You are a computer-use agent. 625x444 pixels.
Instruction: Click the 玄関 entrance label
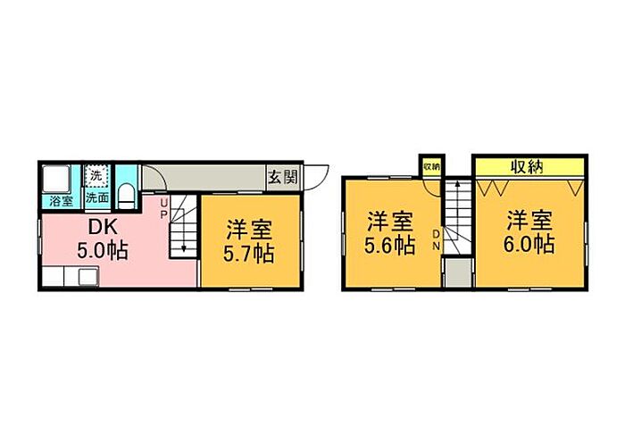(283, 177)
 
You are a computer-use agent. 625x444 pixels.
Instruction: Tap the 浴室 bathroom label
(61, 202)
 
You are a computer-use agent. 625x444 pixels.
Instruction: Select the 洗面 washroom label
(97, 197)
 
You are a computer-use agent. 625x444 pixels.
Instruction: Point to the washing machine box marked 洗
(96, 175)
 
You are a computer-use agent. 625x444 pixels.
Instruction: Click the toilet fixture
(126, 196)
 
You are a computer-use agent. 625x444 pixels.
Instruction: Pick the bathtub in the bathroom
(56, 179)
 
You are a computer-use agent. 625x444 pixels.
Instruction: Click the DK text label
(103, 227)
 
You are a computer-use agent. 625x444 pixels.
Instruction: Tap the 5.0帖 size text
(103, 251)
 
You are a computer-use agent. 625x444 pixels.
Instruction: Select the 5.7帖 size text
(249, 254)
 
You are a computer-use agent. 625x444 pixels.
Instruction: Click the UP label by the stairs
(163, 209)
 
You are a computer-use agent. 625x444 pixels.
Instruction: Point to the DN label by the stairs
(436, 239)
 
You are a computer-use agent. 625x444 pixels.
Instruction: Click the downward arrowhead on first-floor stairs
(184, 249)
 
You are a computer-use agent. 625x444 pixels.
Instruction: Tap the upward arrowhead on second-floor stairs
(457, 184)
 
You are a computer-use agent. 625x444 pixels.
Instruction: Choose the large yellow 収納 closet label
(528, 167)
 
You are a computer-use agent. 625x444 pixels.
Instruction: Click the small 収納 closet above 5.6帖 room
(431, 166)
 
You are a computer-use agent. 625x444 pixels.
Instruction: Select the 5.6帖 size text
(390, 246)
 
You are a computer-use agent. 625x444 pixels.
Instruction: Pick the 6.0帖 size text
(529, 245)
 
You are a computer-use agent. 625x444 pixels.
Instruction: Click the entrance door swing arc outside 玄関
(321, 180)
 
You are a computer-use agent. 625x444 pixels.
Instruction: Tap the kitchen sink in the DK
(88, 277)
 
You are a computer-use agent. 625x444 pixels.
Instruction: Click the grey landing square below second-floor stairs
(458, 272)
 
